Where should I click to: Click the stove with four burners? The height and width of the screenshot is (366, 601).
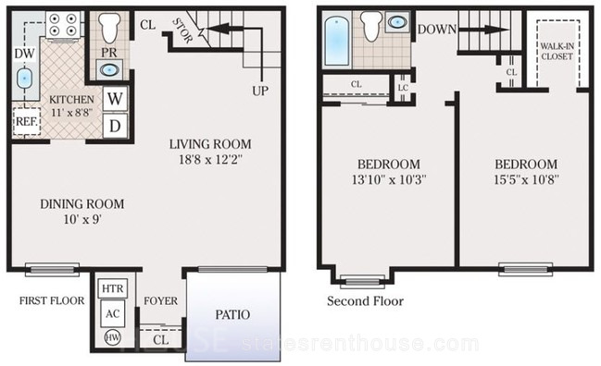point(63,24)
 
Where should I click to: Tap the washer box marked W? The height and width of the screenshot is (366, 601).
point(115,99)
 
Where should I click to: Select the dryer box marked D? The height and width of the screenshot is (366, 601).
point(115,126)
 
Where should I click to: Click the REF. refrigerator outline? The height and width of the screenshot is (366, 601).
point(27,122)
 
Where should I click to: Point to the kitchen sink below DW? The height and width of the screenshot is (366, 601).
point(24,79)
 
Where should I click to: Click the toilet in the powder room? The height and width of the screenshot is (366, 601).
point(109,28)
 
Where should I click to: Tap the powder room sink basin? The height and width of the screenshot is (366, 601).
point(109,70)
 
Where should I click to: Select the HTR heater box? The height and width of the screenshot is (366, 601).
point(113,288)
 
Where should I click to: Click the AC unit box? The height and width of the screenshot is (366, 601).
point(113,313)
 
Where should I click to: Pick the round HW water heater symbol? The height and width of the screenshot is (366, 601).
point(113,337)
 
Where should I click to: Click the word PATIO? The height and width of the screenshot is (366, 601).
point(232,315)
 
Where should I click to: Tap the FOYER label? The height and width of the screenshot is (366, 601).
point(161,301)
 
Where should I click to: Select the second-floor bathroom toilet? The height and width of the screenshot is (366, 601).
point(373,27)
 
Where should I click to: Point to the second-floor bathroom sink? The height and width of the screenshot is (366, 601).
point(398,22)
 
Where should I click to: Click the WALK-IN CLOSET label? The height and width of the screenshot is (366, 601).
point(557,51)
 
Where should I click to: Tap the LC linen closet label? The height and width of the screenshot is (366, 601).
point(403,88)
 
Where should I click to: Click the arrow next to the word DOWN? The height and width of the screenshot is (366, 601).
point(483,30)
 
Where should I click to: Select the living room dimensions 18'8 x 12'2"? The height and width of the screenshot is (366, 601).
point(210,159)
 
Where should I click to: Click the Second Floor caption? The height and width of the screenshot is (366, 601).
point(365,301)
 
